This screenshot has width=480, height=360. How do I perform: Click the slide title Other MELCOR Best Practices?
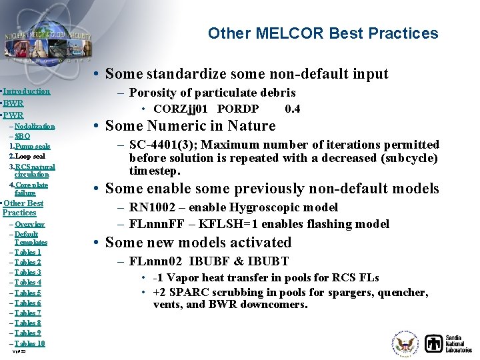pos(323,33)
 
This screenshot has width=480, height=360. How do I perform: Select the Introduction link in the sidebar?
pos(27,91)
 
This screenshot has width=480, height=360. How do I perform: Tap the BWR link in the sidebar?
pos(13,103)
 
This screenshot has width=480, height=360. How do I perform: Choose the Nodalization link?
pos(34,126)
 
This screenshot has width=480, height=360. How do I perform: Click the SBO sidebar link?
pos(22,136)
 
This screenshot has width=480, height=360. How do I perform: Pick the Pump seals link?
pos(33,146)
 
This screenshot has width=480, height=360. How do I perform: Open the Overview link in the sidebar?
pos(29,225)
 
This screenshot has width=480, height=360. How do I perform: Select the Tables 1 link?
pos(28,252)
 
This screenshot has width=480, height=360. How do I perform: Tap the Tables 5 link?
pos(28,293)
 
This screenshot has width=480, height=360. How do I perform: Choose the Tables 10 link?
pos(30,343)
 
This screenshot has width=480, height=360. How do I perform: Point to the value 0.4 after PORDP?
pos(292,109)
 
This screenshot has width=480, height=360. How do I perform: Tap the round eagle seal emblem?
pos(405,344)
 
